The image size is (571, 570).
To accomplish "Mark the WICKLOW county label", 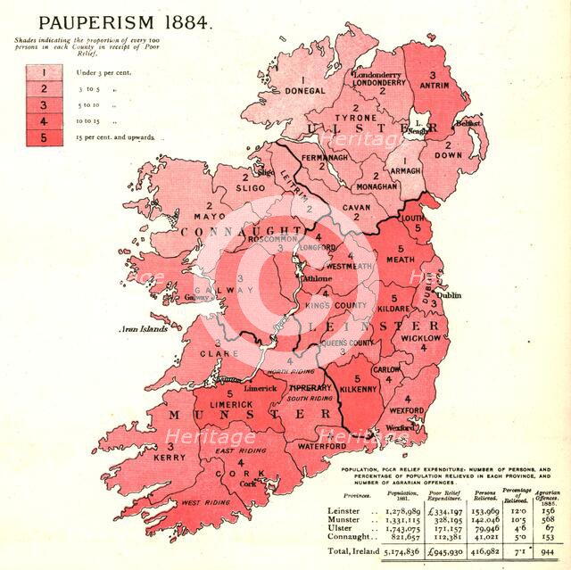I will click(418, 339).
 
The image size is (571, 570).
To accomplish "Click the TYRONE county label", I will click(349, 119).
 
